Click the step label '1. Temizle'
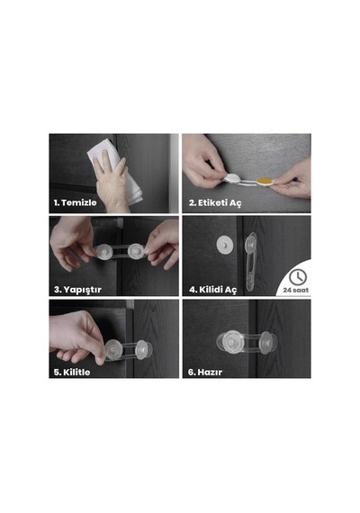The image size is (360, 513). pos(76,202)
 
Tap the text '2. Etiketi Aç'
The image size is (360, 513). pos(215,202)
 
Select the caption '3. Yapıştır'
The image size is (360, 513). pos(78,290)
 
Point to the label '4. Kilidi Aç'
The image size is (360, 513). pos(212,290)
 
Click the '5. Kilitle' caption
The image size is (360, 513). pos(72,372)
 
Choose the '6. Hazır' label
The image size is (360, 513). pos(205,372)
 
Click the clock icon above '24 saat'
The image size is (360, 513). pos(298,277)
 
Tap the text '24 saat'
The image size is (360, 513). pos(296,290)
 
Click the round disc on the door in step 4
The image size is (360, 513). pos(224,245)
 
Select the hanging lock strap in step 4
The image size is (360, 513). pos(251,262)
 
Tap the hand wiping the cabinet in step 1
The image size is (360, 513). pos(112,184)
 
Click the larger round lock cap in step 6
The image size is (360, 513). pos(231,343)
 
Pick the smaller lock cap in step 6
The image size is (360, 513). pos(267,343)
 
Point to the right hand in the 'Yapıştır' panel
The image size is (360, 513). pos(162,244)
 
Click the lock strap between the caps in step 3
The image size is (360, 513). pos(121,252)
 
